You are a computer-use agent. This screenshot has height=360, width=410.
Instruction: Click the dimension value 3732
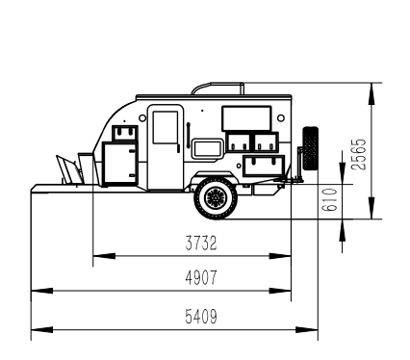tap(201, 243)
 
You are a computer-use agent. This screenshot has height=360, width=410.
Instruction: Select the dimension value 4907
tap(201, 277)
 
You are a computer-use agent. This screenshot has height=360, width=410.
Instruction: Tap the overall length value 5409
tap(201, 317)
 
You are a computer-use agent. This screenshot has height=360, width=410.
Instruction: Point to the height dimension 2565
tap(359, 154)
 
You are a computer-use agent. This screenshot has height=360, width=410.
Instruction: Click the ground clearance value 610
tap(330, 199)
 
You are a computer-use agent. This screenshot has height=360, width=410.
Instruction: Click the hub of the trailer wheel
tap(216, 198)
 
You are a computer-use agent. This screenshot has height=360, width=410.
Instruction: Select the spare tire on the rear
tap(311, 148)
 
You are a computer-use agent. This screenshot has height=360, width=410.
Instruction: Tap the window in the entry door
tap(166, 127)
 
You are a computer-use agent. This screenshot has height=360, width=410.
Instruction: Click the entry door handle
tap(178, 148)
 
